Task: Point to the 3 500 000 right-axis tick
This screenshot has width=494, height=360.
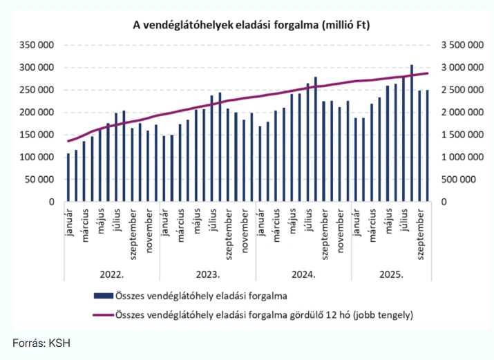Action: (x=461, y=45)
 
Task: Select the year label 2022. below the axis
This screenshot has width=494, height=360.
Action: (x=112, y=274)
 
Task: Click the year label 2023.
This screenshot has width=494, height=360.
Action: (x=207, y=274)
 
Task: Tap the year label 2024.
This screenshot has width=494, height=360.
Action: (x=303, y=274)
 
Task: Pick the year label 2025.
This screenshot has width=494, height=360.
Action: (x=391, y=274)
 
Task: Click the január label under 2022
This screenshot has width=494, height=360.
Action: (x=68, y=222)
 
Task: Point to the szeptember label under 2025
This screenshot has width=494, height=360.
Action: (x=420, y=232)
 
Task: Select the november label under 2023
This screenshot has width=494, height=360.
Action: (x=244, y=228)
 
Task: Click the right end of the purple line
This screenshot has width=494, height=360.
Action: (x=428, y=73)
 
